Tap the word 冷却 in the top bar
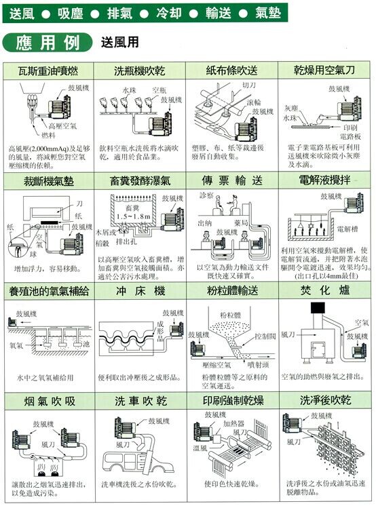click(168, 12)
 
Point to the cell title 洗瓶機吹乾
click(140, 71)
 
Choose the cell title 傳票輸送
click(232, 181)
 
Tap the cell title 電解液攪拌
click(324, 181)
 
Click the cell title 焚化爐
click(324, 290)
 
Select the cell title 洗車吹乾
click(140, 400)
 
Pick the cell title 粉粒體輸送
click(232, 290)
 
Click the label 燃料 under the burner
click(57, 135)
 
